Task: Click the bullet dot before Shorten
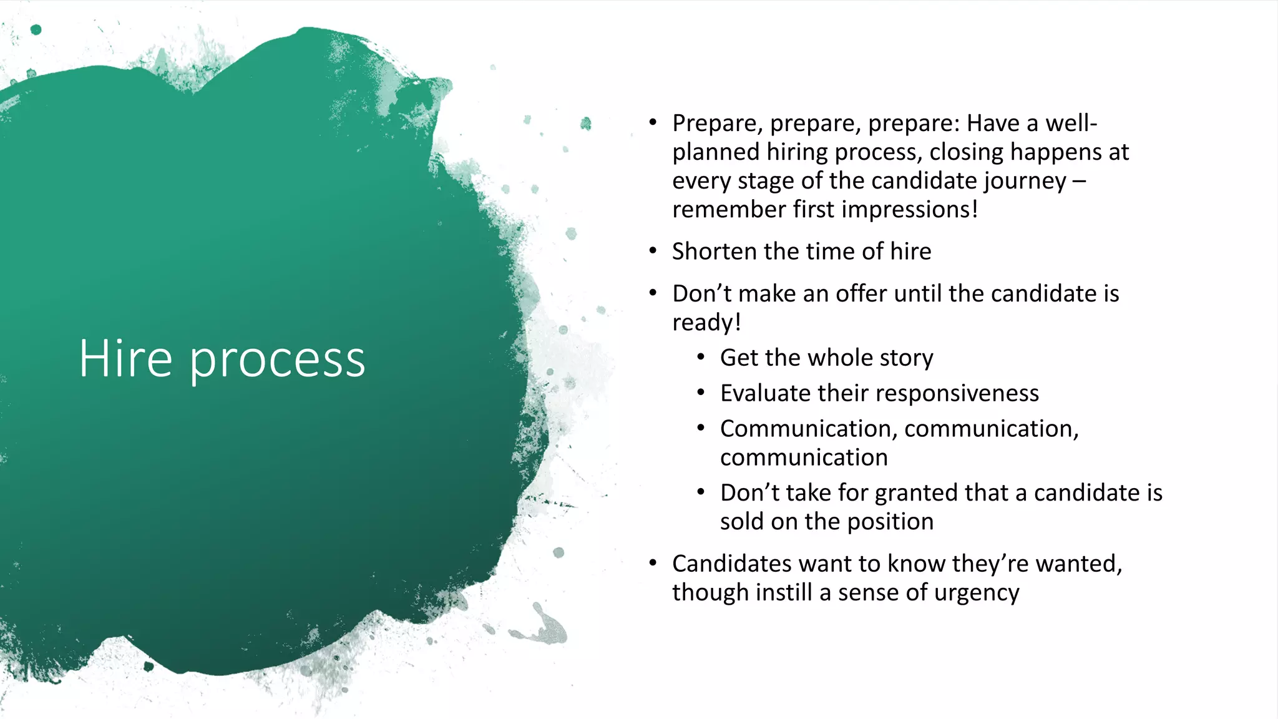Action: coord(653,252)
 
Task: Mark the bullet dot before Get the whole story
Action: coord(701,358)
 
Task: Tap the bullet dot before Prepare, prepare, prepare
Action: coord(653,122)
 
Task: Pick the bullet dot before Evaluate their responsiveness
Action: coord(701,393)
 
